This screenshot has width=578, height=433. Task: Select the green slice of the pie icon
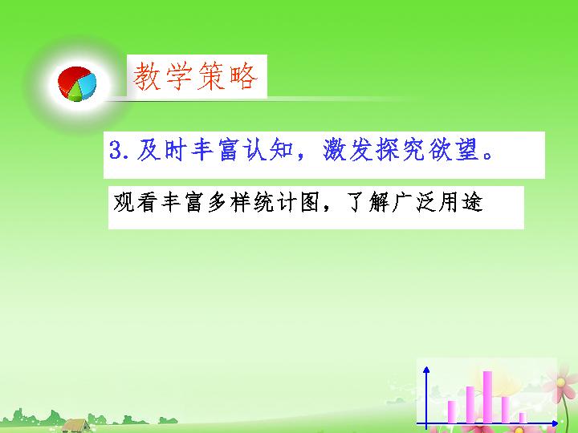tap(75, 94)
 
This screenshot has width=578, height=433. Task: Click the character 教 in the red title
tap(147, 77)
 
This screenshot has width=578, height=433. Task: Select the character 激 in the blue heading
tap(336, 150)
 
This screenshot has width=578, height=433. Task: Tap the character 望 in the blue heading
tap(467, 150)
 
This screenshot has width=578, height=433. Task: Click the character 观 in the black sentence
tap(124, 202)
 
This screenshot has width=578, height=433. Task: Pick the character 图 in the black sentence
tap(310, 202)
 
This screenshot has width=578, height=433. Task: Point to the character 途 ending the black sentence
tap(472, 202)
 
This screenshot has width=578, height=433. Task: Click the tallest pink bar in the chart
tap(487, 397)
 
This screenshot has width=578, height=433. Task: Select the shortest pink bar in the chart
tap(523, 418)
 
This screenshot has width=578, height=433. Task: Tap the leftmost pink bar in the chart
tap(452, 412)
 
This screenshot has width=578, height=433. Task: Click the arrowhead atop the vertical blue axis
tap(426, 370)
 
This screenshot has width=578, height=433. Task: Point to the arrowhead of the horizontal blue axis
tap(555, 424)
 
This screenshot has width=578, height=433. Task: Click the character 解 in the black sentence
tap(380, 202)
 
